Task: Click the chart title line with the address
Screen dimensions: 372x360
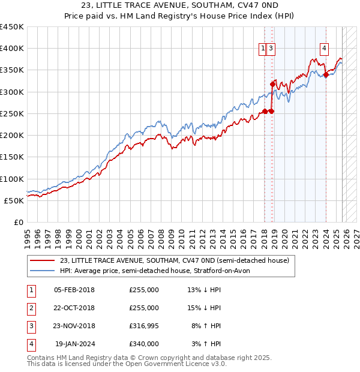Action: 180,5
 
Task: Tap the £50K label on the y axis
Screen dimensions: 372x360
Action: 14,200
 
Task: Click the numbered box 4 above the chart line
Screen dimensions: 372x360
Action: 324,49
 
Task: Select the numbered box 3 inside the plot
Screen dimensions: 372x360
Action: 271,49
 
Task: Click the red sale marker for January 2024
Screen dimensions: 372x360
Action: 326,75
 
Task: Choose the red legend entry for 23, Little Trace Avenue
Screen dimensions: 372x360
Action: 174,260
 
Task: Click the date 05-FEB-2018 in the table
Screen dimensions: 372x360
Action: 74,290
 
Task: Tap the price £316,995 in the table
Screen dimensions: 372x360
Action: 144,326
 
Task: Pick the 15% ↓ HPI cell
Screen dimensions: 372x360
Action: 204,308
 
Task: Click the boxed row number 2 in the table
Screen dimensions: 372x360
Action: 30,308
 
